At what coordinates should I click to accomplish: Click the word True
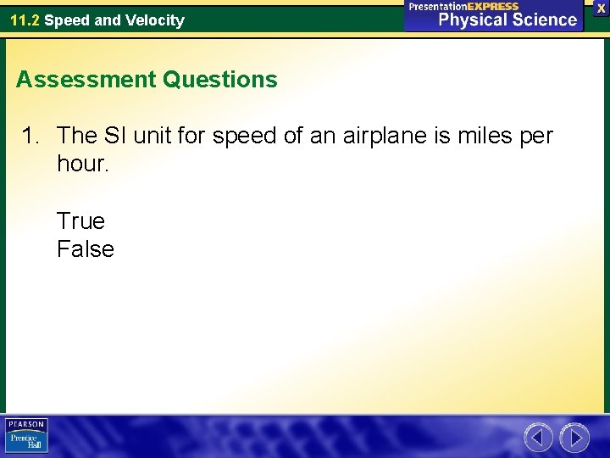click(x=80, y=221)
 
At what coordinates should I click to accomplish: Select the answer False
click(x=85, y=249)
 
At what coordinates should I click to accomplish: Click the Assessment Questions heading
click(x=147, y=80)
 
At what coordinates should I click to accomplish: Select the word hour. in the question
click(x=83, y=164)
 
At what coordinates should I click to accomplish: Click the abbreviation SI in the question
click(x=118, y=136)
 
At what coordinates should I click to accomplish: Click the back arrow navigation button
click(x=538, y=438)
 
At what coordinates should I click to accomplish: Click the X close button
click(x=601, y=7)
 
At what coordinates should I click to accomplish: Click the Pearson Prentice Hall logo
click(x=26, y=435)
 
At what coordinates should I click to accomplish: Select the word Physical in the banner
click(x=474, y=20)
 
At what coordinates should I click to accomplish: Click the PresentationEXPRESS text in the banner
click(x=463, y=6)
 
